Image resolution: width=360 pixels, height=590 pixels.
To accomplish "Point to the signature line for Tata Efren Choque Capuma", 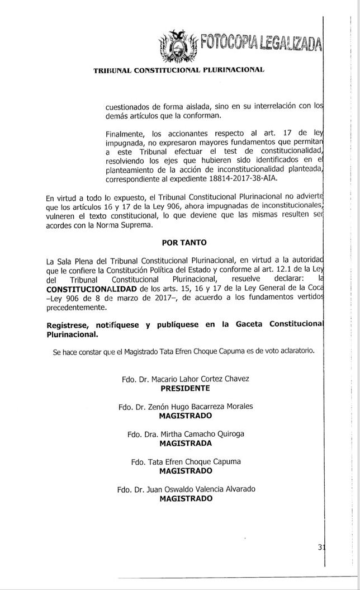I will click(x=193, y=462).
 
